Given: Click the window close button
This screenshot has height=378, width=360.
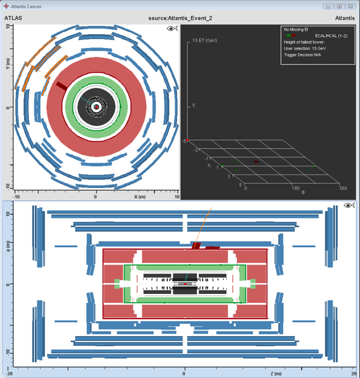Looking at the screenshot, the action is pyautogui.click(x=350, y=7).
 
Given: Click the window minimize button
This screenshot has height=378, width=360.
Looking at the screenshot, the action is pyautogui.click(x=328, y=7).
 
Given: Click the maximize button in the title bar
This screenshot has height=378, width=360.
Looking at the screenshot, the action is pyautogui.click(x=339, y=7).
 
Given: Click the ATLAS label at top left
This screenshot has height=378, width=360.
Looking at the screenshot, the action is pyautogui.click(x=13, y=18).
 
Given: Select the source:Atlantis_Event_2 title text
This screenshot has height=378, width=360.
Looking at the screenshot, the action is pyautogui.click(x=180, y=18).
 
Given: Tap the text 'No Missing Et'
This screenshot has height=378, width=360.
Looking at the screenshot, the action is pyautogui.click(x=296, y=29).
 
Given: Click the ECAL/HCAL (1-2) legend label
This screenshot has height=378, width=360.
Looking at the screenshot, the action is pyautogui.click(x=331, y=35).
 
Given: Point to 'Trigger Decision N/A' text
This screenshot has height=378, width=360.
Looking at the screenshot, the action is pyautogui.click(x=302, y=55).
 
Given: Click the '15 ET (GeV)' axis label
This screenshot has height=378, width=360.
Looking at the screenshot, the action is pyautogui.click(x=205, y=40).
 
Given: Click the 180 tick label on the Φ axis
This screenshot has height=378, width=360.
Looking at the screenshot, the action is pyautogui.click(x=295, y=188).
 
